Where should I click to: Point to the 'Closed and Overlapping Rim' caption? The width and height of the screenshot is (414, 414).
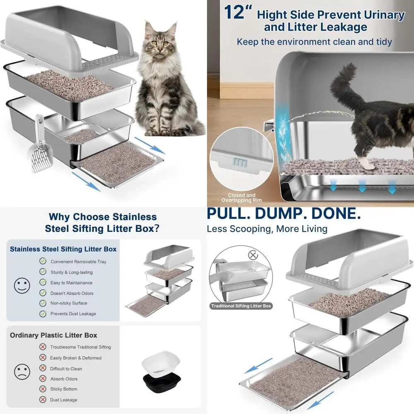[242, 198]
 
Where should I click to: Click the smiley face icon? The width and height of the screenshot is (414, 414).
[22, 286]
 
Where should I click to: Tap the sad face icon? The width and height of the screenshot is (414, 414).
[22, 371]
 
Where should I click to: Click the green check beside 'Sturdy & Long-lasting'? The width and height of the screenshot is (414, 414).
[43, 272]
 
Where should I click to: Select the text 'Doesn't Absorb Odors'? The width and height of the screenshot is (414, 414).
[72, 293]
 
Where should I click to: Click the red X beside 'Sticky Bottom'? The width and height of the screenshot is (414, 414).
[43, 389]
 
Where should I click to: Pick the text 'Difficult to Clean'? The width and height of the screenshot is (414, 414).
[66, 368]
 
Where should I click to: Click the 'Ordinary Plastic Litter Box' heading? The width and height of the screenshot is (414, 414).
[53, 335]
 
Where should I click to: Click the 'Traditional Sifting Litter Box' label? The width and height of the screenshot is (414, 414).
[241, 306]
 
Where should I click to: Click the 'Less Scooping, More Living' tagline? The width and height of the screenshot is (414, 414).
[267, 229]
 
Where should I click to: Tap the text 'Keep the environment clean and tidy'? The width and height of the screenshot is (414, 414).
[314, 42]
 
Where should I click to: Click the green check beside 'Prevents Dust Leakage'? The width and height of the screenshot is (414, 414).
[43, 314]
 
